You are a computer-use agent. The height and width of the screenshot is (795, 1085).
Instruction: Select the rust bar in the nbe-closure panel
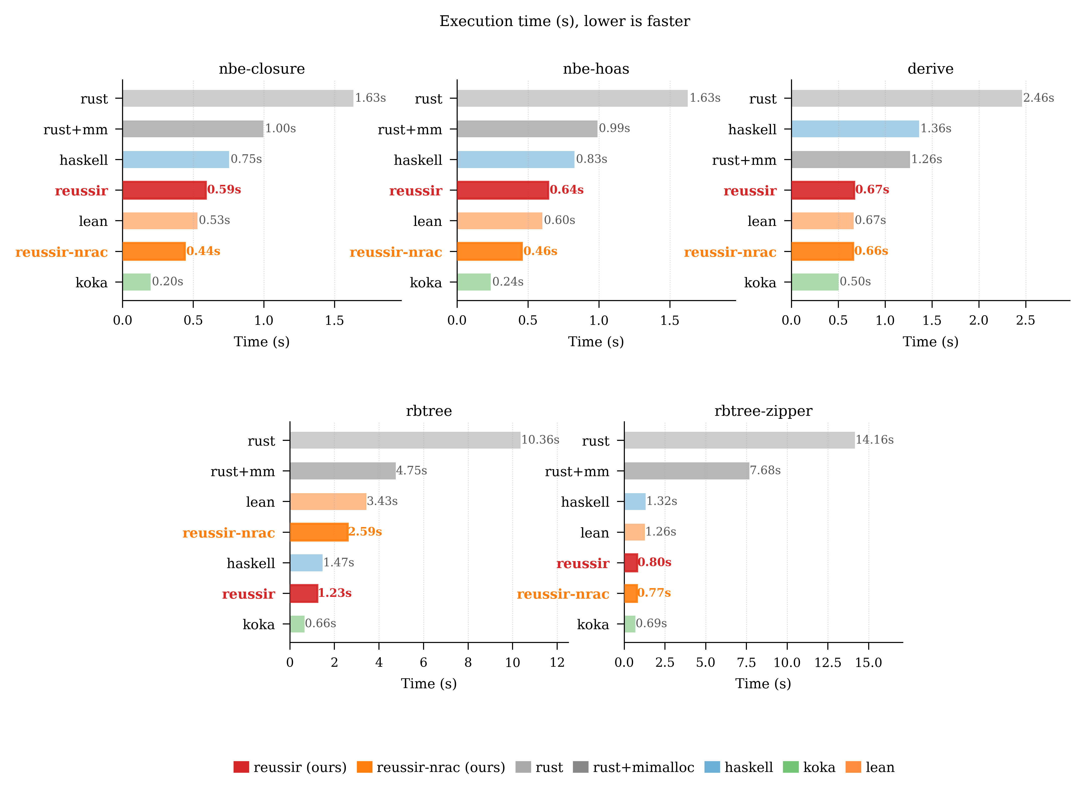click(x=237, y=98)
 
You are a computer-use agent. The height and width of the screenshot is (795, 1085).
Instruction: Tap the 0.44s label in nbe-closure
click(x=203, y=251)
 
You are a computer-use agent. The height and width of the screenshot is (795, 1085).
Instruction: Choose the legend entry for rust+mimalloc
click(x=633, y=767)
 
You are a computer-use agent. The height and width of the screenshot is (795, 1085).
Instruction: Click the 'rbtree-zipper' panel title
click(x=763, y=411)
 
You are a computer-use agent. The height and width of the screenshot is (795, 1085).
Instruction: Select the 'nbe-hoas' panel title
click(x=596, y=69)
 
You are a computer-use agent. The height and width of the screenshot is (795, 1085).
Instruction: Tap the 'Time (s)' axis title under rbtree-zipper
click(x=763, y=684)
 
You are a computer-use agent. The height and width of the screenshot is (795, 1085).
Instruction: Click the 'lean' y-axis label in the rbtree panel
click(x=260, y=502)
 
